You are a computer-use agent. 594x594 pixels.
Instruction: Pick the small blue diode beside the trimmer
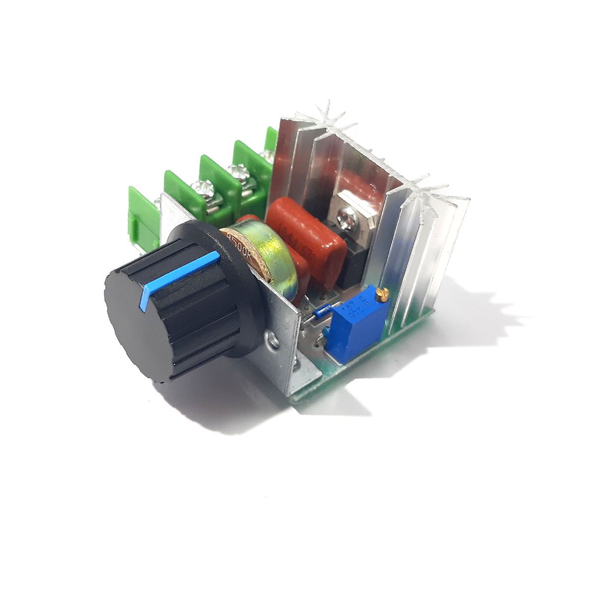(x=323, y=311)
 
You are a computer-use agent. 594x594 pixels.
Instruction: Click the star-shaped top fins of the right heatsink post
(x=426, y=191)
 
